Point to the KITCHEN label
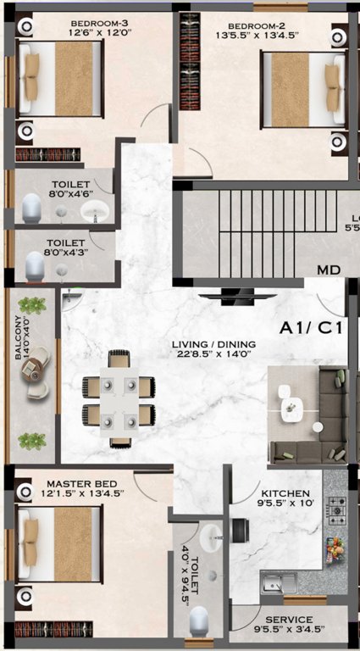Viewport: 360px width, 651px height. coord(285,493)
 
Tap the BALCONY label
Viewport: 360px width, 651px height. coord(19,340)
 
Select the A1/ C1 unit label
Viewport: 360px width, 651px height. coord(310,327)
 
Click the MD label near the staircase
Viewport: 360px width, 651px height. coord(328,270)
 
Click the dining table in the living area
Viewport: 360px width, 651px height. coord(119,398)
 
